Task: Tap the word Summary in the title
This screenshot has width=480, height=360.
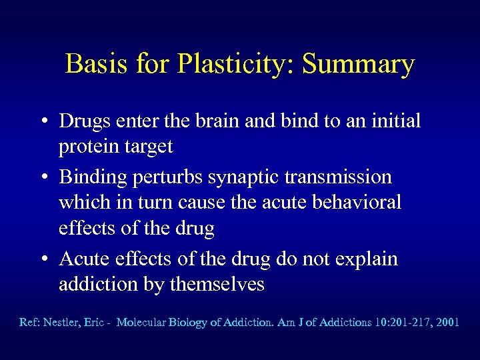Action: pyautogui.click(x=358, y=65)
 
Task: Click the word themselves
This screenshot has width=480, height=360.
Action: pyautogui.click(x=217, y=285)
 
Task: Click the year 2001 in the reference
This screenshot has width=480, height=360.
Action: pyautogui.click(x=446, y=322)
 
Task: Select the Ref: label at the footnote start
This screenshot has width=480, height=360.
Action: pyautogui.click(x=29, y=322)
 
